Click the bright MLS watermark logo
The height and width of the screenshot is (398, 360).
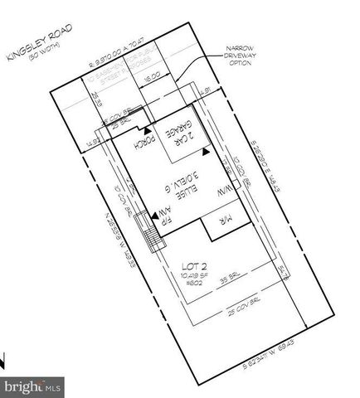coord(33,385)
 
